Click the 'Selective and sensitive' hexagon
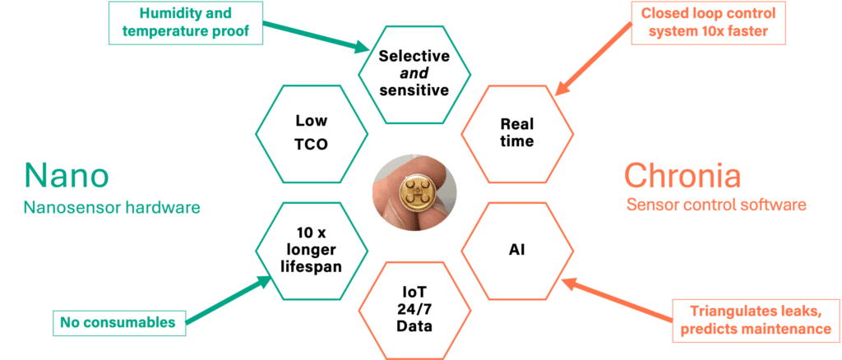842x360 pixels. pos(414,72)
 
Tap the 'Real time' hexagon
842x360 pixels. pos(516,132)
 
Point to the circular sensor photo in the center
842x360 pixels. pos(414,191)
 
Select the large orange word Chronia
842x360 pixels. pos(682,176)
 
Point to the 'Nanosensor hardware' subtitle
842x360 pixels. pos(112,208)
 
